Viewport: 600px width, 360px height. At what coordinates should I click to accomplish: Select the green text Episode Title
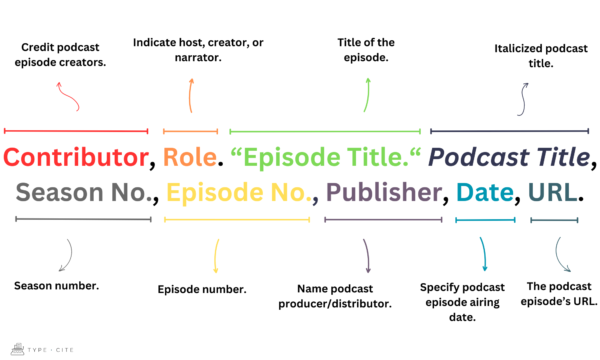click(x=326, y=158)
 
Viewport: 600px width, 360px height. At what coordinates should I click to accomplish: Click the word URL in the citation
click(x=554, y=193)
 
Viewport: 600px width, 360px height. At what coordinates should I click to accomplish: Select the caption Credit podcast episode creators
click(x=66, y=56)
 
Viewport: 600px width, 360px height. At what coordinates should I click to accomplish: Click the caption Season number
click(x=56, y=286)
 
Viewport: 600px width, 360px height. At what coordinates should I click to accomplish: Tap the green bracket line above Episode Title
click(x=326, y=131)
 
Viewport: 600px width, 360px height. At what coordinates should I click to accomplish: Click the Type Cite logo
click(x=33, y=349)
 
